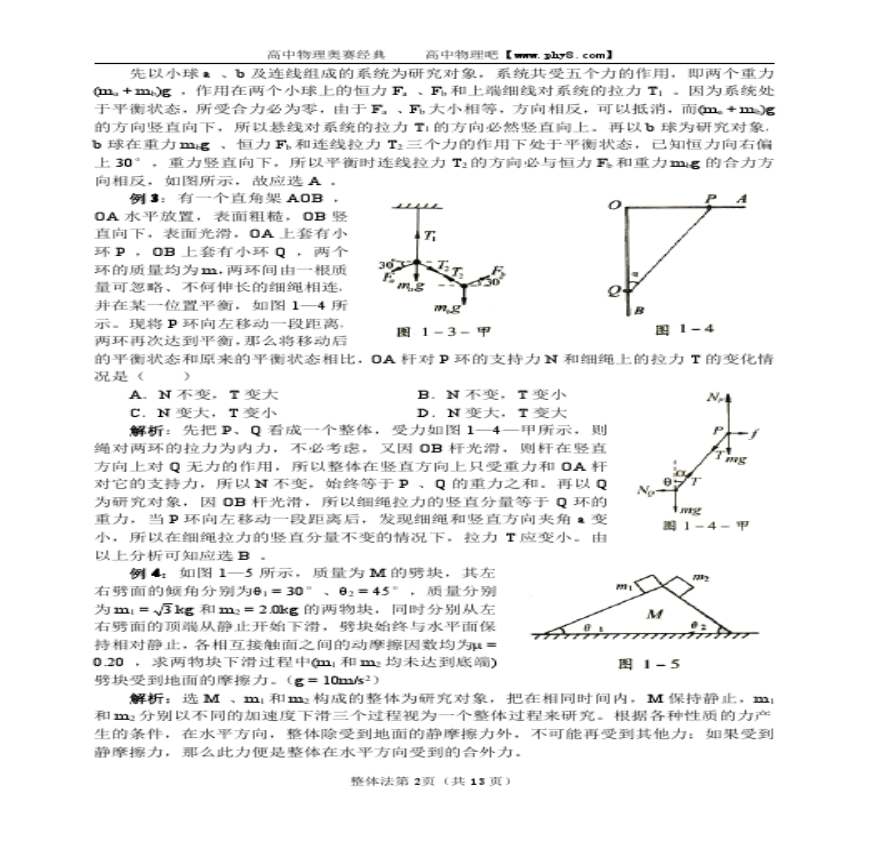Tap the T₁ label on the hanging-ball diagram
pos(431,237)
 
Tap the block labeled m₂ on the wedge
pos(689,581)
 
